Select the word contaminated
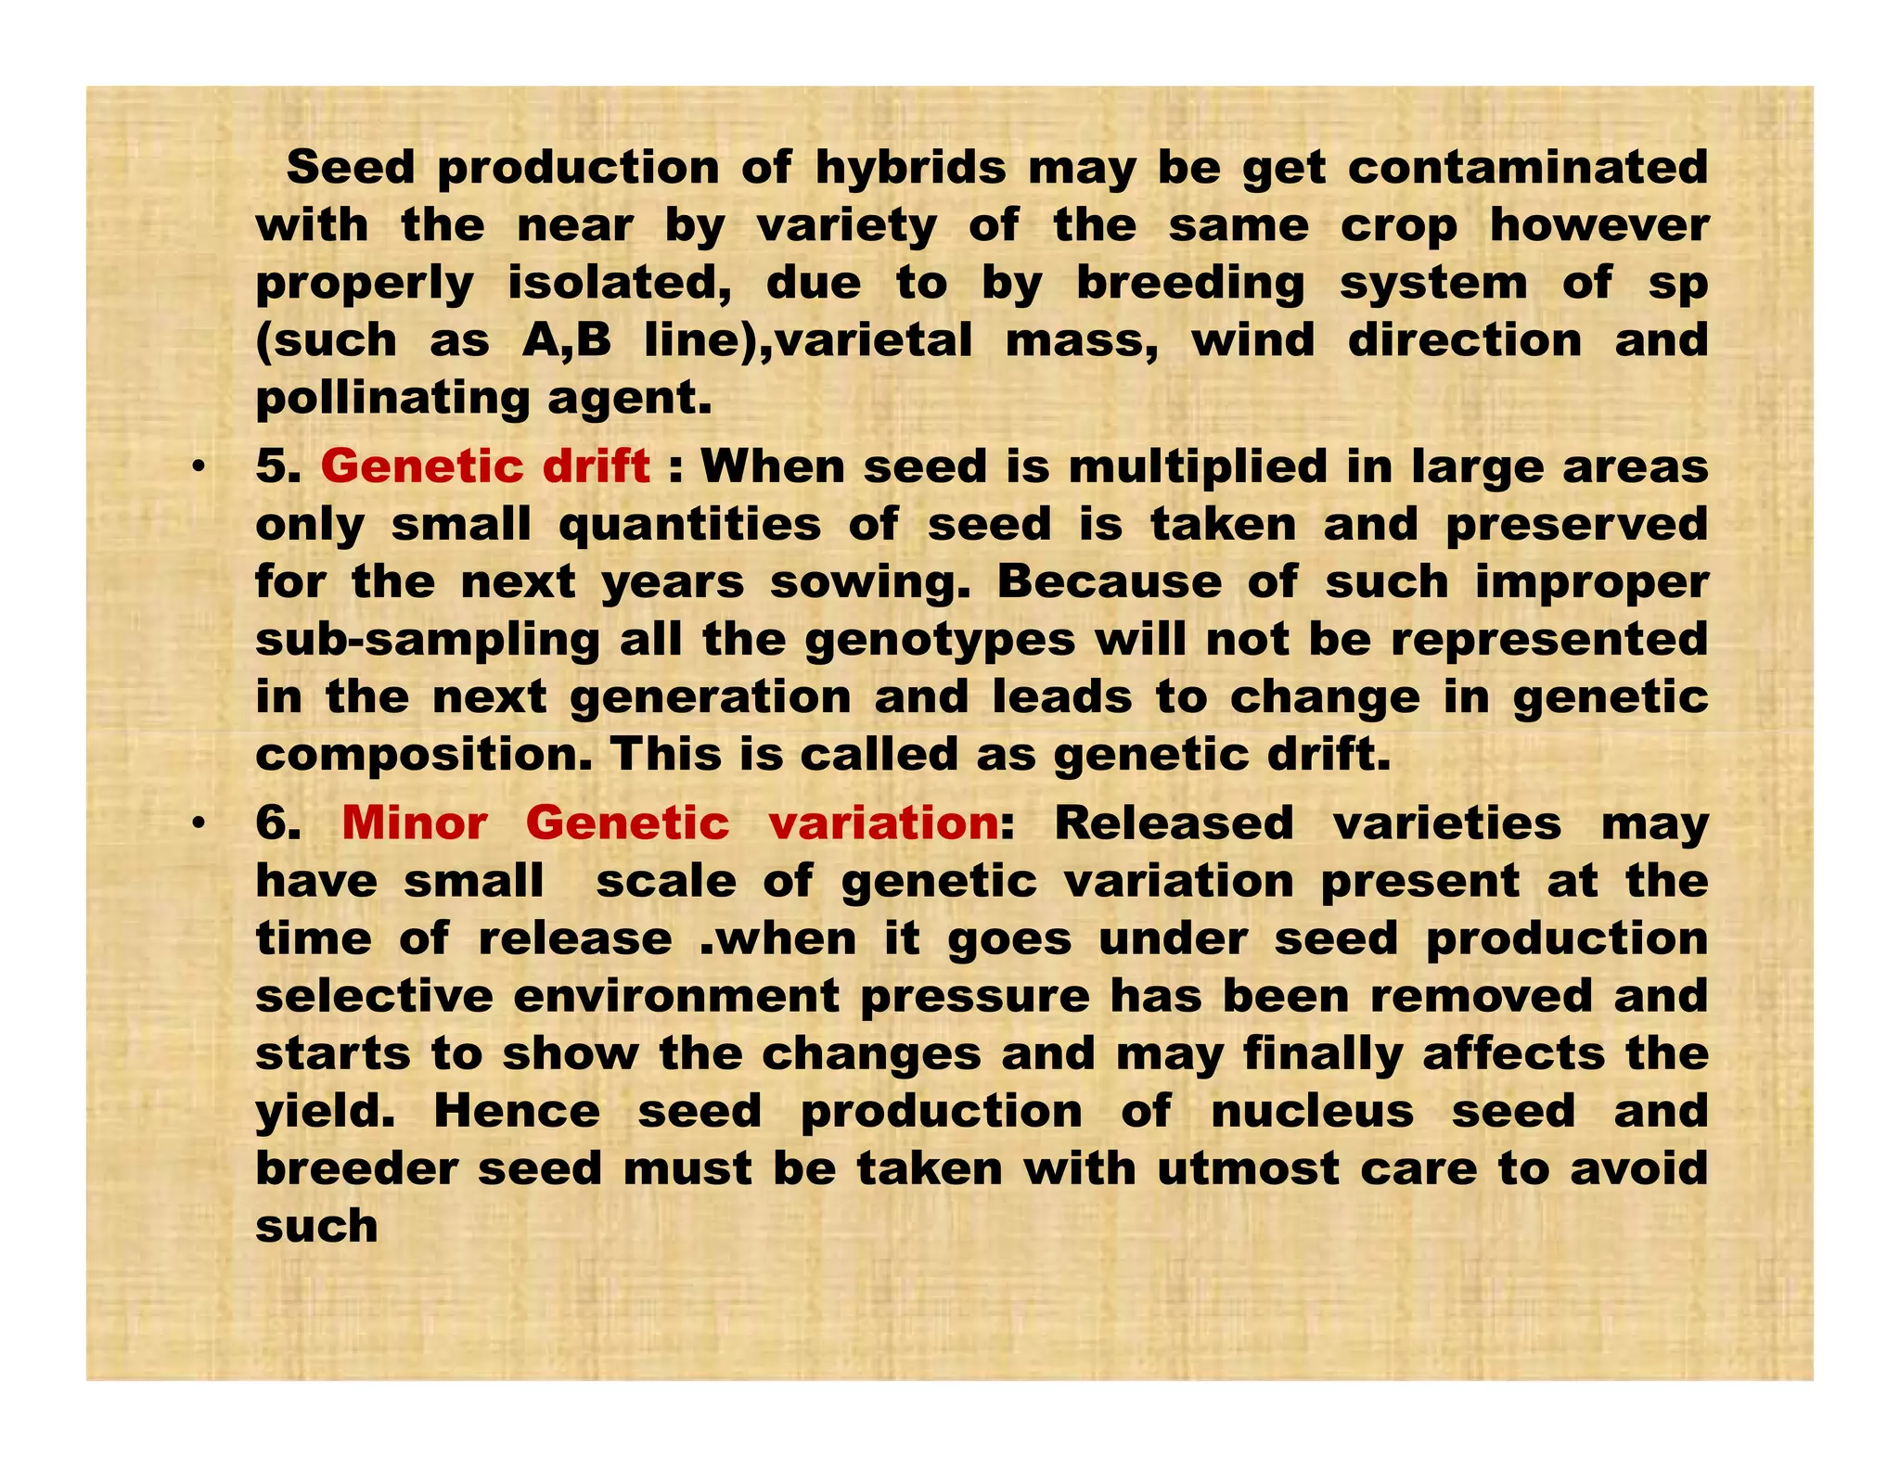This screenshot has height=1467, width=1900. tap(1527, 169)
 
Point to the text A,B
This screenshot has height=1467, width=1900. tap(566, 340)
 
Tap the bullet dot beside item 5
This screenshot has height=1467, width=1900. tap(197, 468)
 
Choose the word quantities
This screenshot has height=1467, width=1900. tap(689, 525)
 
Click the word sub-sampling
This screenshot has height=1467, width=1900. tap(428, 641)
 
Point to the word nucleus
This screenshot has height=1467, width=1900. tap(1312, 1112)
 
